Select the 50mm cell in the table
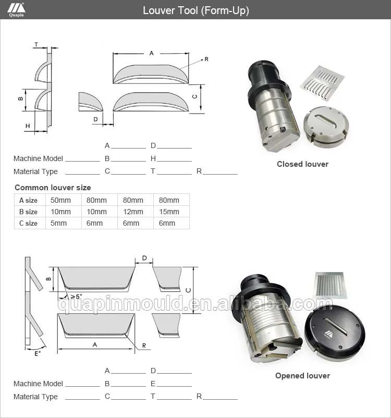pos(60,200)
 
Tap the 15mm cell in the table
pos(169,212)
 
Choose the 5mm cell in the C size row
pos(60,223)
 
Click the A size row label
pos(29,200)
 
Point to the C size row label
pos(29,223)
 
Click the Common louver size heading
pos(53,188)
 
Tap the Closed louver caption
pos(302,164)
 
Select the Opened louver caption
pos(302,376)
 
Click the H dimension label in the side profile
pos(27,126)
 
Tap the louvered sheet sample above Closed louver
pos(322,82)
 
